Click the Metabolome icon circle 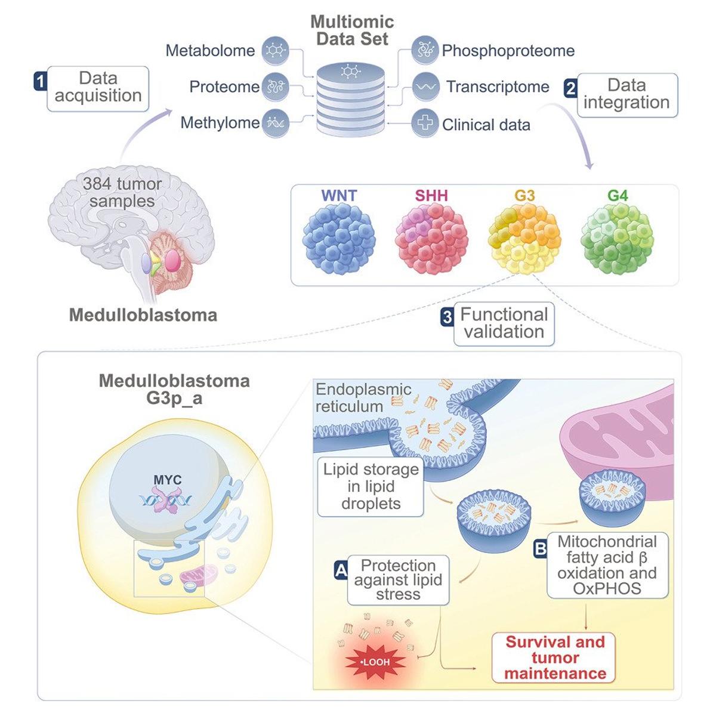[x=275, y=51]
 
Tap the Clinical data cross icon [x=424, y=124]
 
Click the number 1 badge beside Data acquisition [x=40, y=81]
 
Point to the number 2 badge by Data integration [x=570, y=88]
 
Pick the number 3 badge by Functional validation [x=447, y=317]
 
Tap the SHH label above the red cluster [x=431, y=196]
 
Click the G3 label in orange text [x=524, y=196]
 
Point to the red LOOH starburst [x=375, y=662]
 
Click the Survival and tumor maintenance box [x=555, y=658]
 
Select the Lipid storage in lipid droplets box [x=371, y=486]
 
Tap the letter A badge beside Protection [x=341, y=570]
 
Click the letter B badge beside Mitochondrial [x=541, y=548]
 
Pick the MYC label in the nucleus [x=167, y=480]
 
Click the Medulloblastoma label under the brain [x=143, y=315]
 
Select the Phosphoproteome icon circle [x=424, y=51]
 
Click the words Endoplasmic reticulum [x=363, y=398]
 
